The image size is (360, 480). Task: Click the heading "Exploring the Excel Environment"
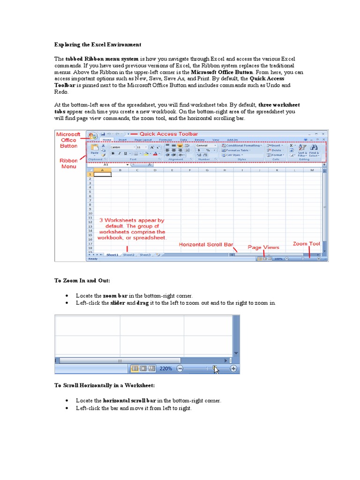[x=97, y=45]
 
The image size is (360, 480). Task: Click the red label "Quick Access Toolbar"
[x=169, y=134]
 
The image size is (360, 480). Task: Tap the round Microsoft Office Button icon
[x=92, y=136]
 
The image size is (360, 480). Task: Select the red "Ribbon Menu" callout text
[x=68, y=163]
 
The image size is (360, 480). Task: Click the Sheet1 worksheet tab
[x=112, y=255]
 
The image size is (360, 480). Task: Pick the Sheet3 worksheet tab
[x=145, y=255]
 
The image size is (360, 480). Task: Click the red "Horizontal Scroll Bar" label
[x=206, y=244]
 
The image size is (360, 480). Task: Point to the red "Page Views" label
[x=263, y=247]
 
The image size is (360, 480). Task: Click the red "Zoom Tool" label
[x=307, y=244]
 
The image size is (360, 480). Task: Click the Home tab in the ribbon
[x=107, y=140]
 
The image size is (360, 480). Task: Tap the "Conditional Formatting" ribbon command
[x=244, y=145]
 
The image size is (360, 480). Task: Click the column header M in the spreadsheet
[x=312, y=170]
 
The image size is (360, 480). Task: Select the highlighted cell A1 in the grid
[x=103, y=174]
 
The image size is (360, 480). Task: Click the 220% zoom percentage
[x=166, y=369]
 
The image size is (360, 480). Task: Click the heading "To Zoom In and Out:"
[x=82, y=280]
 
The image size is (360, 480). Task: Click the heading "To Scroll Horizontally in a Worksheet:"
[x=105, y=385]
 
